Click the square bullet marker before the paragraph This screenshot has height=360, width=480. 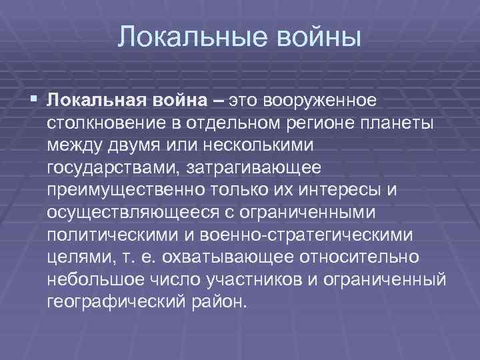point(34,100)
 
